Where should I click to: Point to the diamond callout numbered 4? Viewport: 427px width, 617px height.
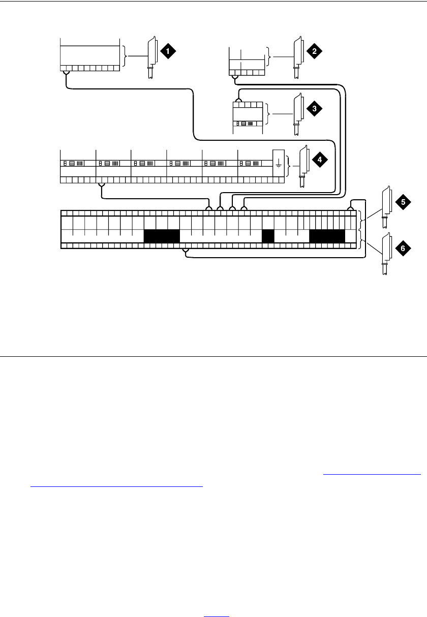point(320,160)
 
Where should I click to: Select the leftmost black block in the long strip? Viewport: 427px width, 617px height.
point(162,236)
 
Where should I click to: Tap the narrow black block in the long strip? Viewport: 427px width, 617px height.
point(268,236)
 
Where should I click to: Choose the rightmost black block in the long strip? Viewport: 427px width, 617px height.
point(327,236)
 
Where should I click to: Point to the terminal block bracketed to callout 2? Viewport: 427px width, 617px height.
point(247,61)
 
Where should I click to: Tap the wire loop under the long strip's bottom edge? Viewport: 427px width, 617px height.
point(186,251)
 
